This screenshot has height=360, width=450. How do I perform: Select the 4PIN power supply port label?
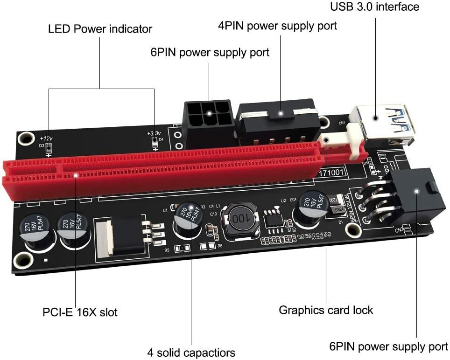point(277,26)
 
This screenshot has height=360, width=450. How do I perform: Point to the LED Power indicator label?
point(100,29)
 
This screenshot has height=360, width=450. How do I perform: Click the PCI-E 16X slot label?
point(80,311)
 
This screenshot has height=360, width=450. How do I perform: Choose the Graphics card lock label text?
point(326,310)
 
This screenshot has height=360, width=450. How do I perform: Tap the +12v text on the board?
point(46,138)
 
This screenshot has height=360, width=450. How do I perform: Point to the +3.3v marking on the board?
point(153,134)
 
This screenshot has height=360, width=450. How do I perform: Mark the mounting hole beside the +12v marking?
point(25,138)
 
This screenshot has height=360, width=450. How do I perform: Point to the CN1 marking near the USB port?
point(342,123)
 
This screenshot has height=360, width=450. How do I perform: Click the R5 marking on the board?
point(167,250)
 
